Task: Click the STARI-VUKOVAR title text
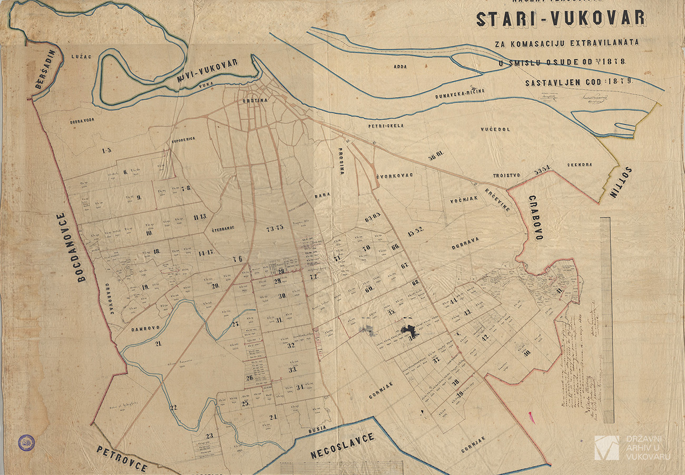tap(561, 19)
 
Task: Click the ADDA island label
tap(402, 67)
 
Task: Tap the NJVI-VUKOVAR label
tap(208, 70)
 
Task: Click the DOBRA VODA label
tap(82, 121)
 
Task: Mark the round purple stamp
tap(26, 442)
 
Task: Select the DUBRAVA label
tap(465, 242)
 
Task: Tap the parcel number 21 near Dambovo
tap(157, 343)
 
